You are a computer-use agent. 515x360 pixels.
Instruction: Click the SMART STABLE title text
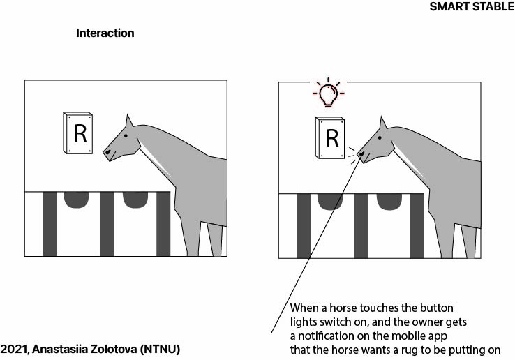click(x=472, y=6)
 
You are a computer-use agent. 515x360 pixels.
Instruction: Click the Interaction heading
click(x=105, y=33)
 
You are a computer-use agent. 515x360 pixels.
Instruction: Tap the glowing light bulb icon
click(x=329, y=93)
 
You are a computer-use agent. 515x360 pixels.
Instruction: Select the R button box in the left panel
click(x=78, y=133)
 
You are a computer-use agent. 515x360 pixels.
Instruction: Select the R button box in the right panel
click(x=330, y=137)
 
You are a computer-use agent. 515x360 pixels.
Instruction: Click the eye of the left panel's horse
click(x=126, y=135)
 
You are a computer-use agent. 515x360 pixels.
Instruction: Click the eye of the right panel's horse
click(x=380, y=137)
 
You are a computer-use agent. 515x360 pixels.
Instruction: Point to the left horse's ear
click(x=128, y=121)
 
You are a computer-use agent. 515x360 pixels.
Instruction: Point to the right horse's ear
click(x=382, y=123)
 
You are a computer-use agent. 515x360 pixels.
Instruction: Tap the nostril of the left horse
click(x=107, y=152)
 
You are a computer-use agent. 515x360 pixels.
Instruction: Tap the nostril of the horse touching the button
click(x=361, y=153)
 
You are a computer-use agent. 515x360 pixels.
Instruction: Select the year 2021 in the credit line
click(x=15, y=349)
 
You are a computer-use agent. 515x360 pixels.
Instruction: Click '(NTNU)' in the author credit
click(x=161, y=349)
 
